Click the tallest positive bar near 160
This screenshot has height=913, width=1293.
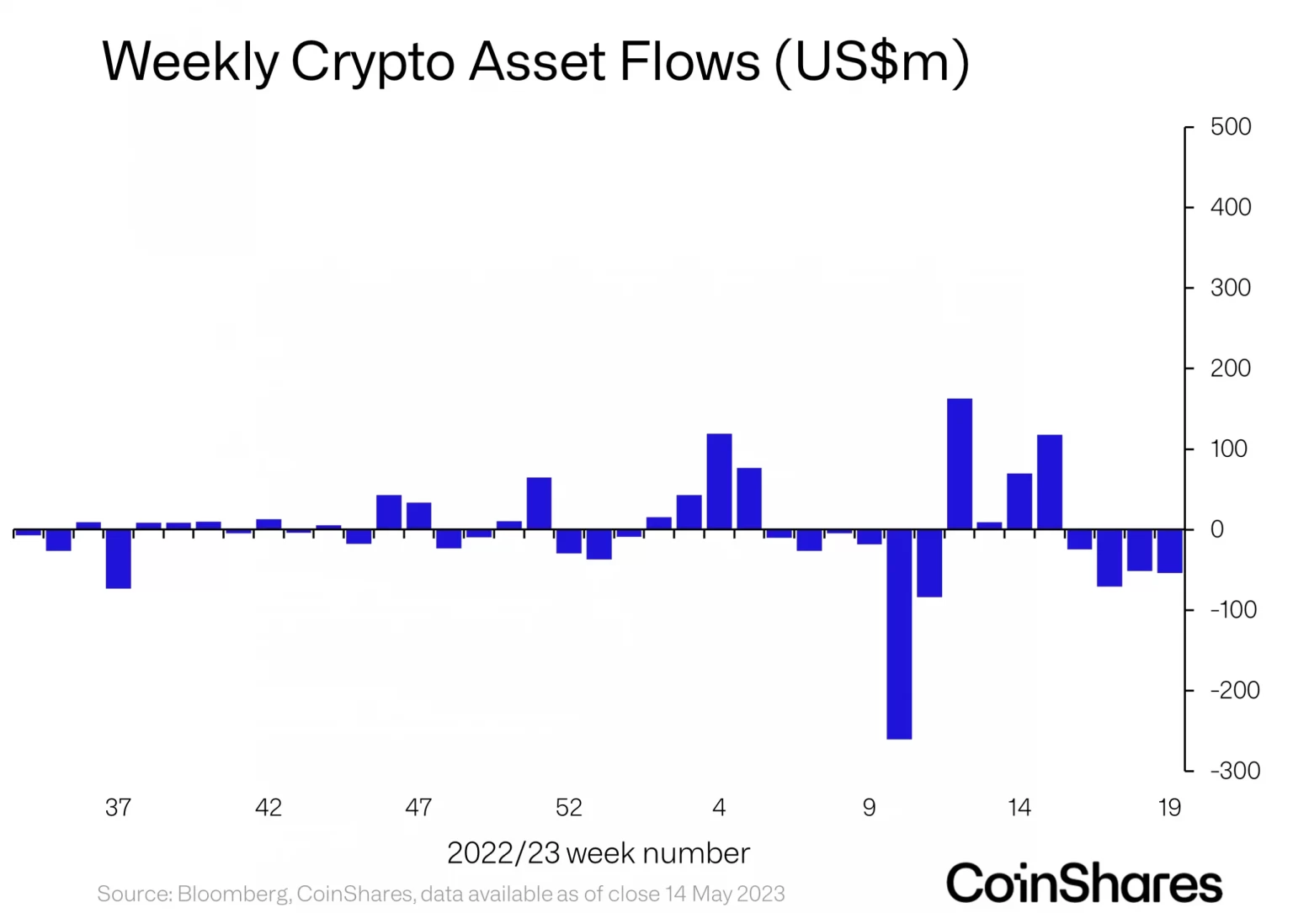pyautogui.click(x=959, y=464)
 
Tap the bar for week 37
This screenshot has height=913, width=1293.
pyautogui.click(x=118, y=559)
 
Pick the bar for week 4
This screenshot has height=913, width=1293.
pyautogui.click(x=719, y=481)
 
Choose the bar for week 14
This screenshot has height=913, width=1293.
pyautogui.click(x=1019, y=502)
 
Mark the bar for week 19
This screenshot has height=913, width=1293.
pyautogui.click(x=1169, y=551)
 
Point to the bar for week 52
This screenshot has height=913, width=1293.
pyautogui.click(x=569, y=541)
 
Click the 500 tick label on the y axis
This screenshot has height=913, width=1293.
pyautogui.click(x=1230, y=127)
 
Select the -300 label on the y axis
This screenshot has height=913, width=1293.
pyautogui.click(x=1234, y=771)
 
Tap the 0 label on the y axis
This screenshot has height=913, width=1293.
pyautogui.click(x=1216, y=530)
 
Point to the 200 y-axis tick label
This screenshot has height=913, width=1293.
pyautogui.click(x=1230, y=369)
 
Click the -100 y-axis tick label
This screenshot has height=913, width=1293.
pyautogui.click(x=1234, y=610)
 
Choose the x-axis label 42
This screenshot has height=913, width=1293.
pyautogui.click(x=269, y=808)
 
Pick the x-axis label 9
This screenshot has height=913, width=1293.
pyautogui.click(x=869, y=808)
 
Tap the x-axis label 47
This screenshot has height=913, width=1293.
pyautogui.click(x=418, y=808)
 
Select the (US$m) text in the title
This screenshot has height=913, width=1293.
pyautogui.click(x=871, y=63)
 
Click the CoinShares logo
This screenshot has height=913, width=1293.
pyautogui.click(x=1084, y=884)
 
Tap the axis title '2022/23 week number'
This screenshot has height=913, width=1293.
pyautogui.click(x=598, y=853)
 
